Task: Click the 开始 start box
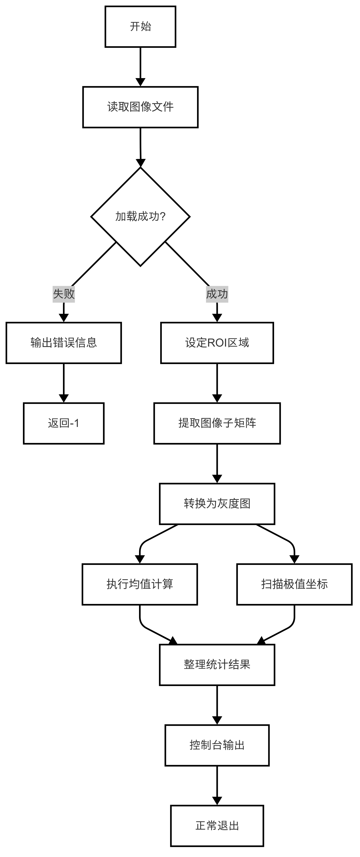coord(140,27)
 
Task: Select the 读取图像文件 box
coord(140,107)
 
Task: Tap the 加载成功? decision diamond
coord(140,216)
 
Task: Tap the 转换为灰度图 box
coord(217,504)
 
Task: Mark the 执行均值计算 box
coord(140,584)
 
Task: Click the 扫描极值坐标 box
coord(294,584)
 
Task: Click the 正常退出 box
coord(217,826)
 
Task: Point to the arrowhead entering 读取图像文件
coord(140,82)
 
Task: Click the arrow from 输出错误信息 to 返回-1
coord(64,383)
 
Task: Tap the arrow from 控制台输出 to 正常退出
coord(217,786)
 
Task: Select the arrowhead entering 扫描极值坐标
coord(294,559)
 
